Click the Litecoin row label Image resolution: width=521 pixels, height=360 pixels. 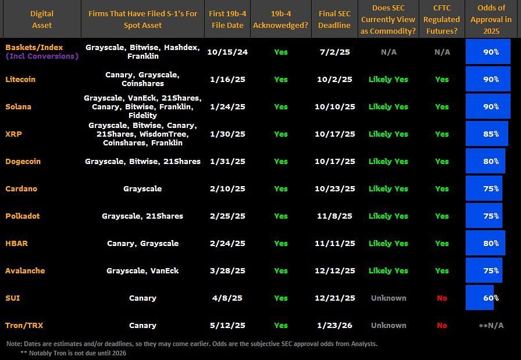tap(23, 79)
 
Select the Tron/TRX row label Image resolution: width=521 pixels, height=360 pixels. tap(24, 325)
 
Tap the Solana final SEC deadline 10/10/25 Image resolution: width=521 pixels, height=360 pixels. tap(334, 106)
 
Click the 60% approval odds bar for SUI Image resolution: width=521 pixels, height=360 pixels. tap(480, 298)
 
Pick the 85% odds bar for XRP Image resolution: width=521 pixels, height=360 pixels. tap(487, 134)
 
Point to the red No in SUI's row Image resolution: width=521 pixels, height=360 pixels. tap(442, 298)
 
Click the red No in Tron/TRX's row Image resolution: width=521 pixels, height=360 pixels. tap(442, 325)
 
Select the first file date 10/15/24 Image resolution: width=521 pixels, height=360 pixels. tap(227, 52)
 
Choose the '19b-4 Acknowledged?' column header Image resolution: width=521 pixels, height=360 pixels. tap(280, 19)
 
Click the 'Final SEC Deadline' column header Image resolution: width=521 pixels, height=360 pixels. tap(334, 19)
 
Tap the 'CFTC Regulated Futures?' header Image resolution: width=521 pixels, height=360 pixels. tap(442, 19)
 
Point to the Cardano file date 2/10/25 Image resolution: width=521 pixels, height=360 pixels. tap(227, 188)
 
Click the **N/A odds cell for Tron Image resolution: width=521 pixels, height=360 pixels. tap(491, 325)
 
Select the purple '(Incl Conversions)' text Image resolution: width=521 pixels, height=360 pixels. tap(42, 56)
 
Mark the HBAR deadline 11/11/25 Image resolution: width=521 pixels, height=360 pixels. tap(334, 243)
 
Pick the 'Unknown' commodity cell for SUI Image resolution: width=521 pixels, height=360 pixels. tap(388, 298)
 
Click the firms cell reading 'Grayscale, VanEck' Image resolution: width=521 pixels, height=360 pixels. tap(142, 270)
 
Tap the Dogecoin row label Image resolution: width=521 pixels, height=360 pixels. tap(23, 161)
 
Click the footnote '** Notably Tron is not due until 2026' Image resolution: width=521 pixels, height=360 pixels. tap(73, 352)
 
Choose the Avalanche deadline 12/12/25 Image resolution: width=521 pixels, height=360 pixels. tap(334, 270)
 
